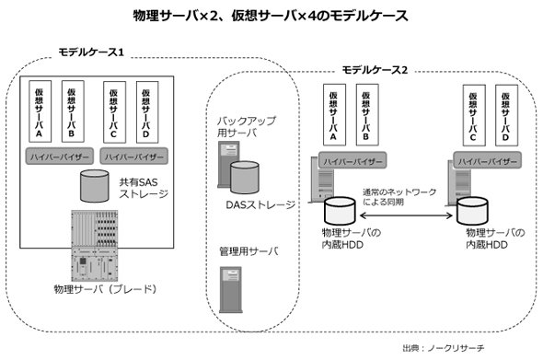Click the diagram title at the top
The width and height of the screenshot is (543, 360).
pos(271,16)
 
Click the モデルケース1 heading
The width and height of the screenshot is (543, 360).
pos(91,52)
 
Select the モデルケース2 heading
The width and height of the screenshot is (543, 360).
pos(375,70)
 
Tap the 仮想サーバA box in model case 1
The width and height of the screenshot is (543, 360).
pos(40,111)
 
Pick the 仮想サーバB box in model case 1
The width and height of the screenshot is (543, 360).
pos(73,111)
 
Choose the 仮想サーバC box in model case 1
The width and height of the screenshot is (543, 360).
pos(115,112)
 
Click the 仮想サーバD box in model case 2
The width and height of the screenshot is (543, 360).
pos(506,115)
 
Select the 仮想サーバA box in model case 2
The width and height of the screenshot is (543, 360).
pos(334,115)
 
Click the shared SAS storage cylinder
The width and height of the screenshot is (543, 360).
pos(95,186)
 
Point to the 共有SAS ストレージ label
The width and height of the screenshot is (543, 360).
pos(144,188)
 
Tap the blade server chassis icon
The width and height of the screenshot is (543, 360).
pos(95,246)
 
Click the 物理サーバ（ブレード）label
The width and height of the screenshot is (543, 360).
pos(106,288)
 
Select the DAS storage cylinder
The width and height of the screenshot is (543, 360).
pos(245,178)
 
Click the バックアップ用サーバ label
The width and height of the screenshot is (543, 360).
pos(247,127)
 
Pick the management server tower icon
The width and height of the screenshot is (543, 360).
pos(231,290)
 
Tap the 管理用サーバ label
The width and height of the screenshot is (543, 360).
pos(248,251)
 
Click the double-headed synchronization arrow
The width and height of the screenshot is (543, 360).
pos(406,215)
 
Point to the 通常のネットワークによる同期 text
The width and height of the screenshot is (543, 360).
pos(399,196)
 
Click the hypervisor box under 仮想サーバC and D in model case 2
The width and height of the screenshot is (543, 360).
pos(487,160)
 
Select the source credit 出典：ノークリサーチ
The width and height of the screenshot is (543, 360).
pos(444,348)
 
